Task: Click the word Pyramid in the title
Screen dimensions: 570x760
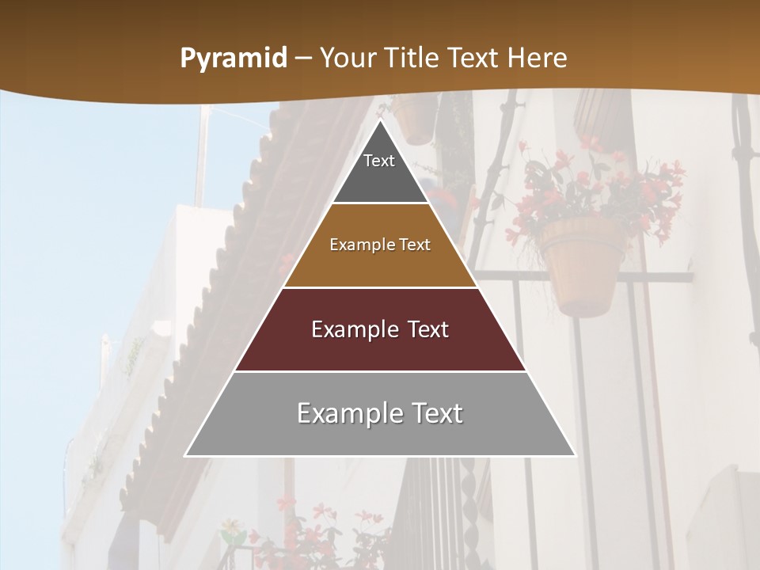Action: (233, 59)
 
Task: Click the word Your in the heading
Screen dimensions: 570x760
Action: (349, 59)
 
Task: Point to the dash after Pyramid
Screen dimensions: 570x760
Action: (303, 59)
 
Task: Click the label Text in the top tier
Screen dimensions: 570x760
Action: (379, 161)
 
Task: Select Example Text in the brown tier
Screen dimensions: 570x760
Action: (380, 245)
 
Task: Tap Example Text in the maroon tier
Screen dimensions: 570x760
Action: (380, 329)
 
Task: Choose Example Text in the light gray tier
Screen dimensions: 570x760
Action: (380, 413)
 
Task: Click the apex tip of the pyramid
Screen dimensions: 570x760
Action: (380, 121)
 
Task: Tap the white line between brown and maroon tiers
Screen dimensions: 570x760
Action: (380, 287)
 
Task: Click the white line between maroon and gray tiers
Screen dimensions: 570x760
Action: (380, 371)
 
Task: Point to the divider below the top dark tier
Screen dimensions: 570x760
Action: (380, 203)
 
